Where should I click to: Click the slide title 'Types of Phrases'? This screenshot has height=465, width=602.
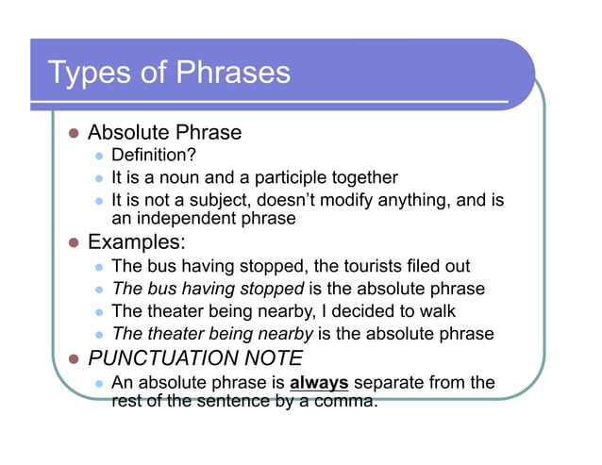[169, 73]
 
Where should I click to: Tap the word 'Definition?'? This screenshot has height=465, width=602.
[154, 155]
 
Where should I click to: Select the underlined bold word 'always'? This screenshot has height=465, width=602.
[320, 383]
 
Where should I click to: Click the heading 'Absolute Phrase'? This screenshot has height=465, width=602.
[164, 132]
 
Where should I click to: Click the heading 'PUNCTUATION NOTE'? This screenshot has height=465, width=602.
[195, 358]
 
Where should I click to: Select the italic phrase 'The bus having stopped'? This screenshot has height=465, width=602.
[208, 290]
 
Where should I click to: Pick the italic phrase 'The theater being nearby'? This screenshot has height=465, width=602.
[212, 334]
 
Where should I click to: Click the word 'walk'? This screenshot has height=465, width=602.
[439, 311]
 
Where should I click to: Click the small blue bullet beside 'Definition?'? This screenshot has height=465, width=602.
[98, 156]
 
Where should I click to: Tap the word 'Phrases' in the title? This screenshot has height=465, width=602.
[233, 73]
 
